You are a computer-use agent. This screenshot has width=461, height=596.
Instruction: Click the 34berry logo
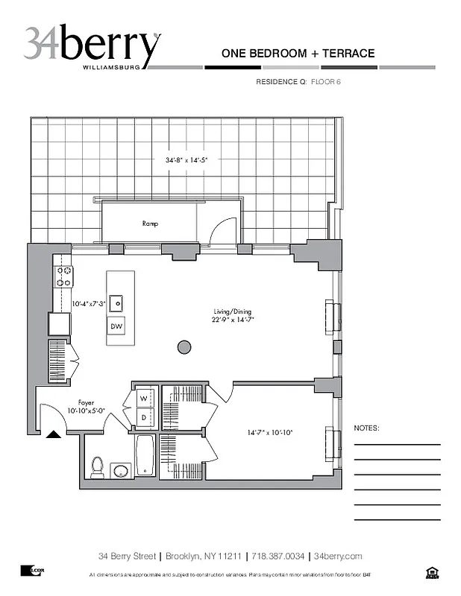pyautogui.click(x=92, y=46)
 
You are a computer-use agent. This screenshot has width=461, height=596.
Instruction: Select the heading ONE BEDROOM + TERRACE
pyautogui.click(x=298, y=54)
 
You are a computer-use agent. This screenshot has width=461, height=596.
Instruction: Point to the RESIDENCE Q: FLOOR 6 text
pyautogui.click(x=298, y=82)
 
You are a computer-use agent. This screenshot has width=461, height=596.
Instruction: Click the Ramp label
pyautogui.click(x=150, y=223)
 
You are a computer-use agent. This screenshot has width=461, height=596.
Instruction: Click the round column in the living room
pyautogui.click(x=184, y=346)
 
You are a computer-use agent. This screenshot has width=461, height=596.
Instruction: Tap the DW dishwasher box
pyautogui.click(x=117, y=326)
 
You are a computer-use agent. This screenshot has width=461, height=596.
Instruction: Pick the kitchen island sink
pyautogui.click(x=117, y=302)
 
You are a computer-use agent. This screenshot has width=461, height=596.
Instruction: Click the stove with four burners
pyautogui.click(x=63, y=276)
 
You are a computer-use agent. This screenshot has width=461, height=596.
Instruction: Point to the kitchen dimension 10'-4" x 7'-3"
pyautogui.click(x=88, y=304)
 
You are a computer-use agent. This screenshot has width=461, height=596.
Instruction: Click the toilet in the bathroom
pyautogui.click(x=97, y=467)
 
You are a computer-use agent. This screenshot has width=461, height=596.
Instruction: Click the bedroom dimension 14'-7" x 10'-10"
pyautogui.click(x=271, y=431)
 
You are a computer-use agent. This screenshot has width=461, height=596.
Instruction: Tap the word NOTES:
pyautogui.click(x=366, y=428)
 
